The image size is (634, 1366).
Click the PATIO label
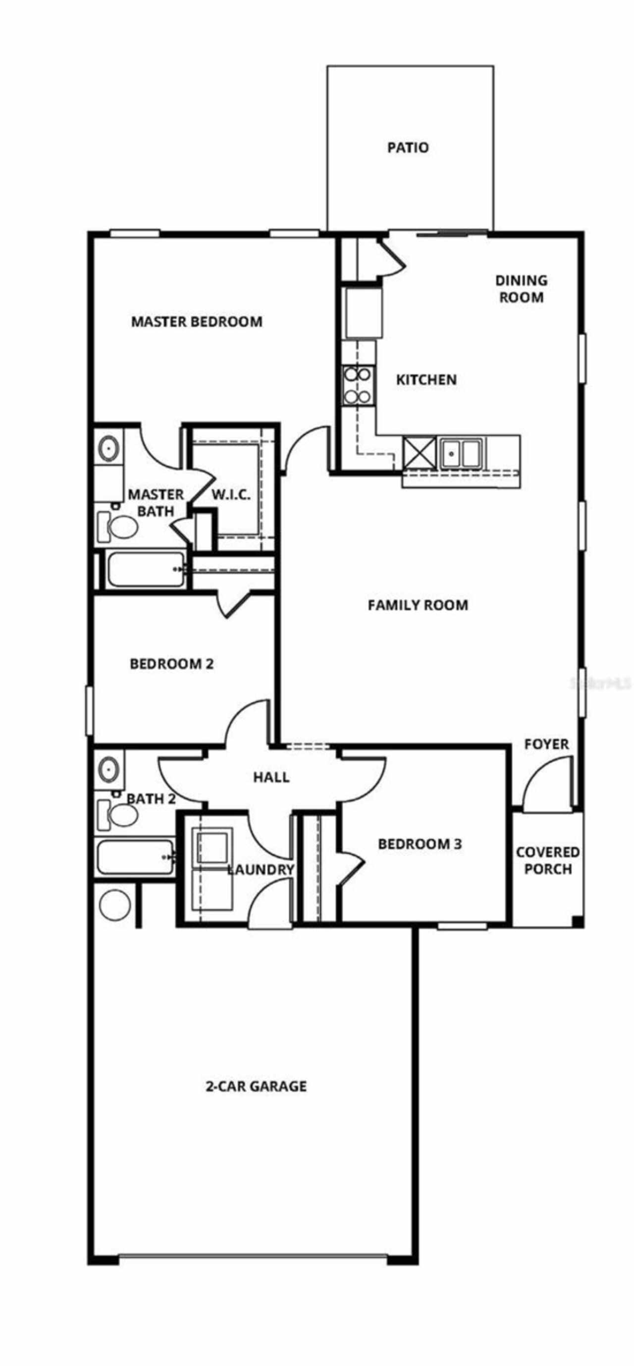[408, 148]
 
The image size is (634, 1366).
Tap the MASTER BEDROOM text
[197, 321]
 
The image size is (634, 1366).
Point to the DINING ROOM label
[521, 288]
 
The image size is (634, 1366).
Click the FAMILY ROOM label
[418, 605]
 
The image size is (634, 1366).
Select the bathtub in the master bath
[146, 570]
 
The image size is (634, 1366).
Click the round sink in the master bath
[108, 448]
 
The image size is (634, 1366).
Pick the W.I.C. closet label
[231, 495]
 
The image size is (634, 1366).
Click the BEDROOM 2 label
[171, 664]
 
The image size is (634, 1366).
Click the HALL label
[271, 778]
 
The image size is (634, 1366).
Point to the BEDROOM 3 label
[420, 843]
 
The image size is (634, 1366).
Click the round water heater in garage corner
[115, 905]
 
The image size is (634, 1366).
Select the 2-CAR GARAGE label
[256, 1087]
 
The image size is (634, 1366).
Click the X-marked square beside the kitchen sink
[420, 453]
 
